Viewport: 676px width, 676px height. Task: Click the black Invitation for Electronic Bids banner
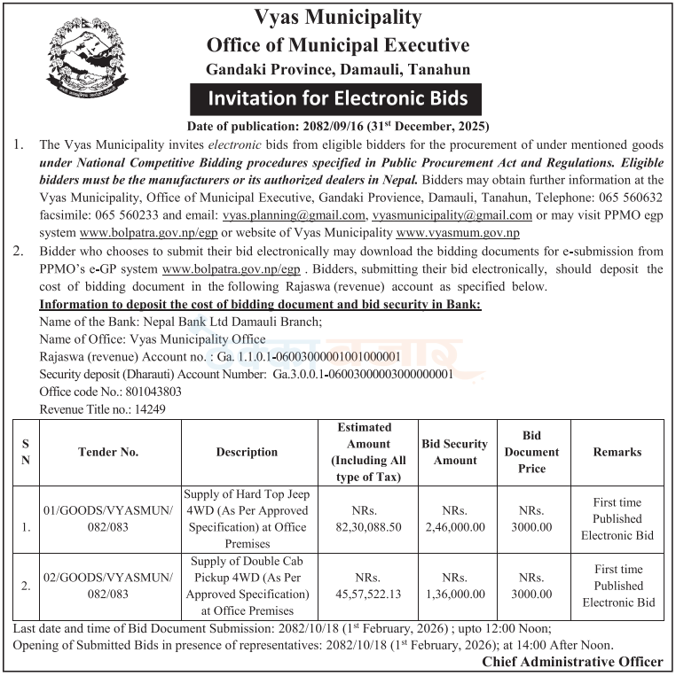click(338, 97)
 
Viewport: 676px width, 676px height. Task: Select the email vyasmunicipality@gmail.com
click(452, 215)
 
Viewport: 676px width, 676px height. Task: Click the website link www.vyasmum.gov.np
click(458, 233)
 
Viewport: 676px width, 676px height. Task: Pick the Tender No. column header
click(108, 452)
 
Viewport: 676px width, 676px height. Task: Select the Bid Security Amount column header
click(454, 452)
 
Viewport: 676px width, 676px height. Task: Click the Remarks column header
click(617, 452)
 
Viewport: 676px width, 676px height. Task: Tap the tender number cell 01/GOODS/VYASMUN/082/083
click(108, 518)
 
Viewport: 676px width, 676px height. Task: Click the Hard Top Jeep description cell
click(247, 518)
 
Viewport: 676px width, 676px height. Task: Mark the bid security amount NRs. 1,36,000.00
click(455, 586)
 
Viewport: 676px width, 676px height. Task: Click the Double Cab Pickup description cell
click(247, 586)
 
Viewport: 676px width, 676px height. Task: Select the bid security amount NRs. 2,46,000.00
click(455, 518)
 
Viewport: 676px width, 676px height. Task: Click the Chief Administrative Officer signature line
click(572, 662)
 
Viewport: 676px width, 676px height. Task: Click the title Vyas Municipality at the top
click(337, 18)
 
